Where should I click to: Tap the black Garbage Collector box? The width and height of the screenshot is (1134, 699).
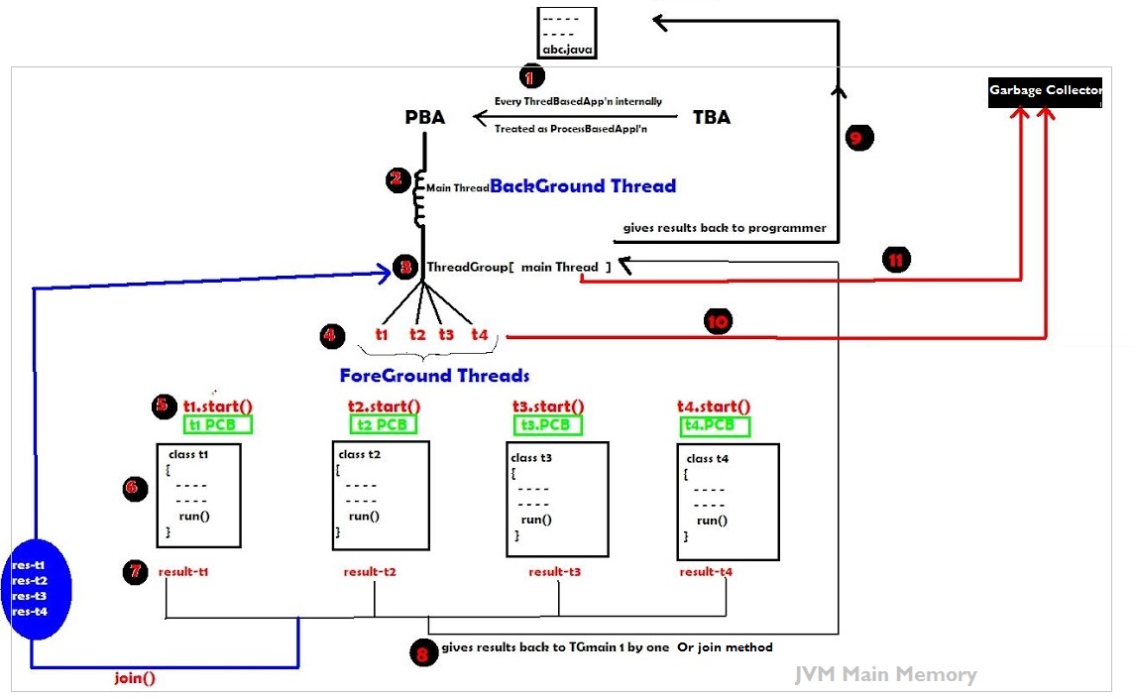coord(1044,90)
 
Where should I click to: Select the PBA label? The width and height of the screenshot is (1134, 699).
coord(425,117)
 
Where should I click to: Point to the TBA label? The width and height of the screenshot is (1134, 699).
coord(711,117)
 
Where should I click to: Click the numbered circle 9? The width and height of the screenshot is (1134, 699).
coord(858,137)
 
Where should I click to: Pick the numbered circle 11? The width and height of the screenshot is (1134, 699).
coord(895,261)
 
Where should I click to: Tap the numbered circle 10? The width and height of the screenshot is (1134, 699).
coord(718,321)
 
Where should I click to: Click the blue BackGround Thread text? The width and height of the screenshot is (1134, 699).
coord(583,185)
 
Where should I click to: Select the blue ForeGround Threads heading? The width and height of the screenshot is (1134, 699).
coord(434,376)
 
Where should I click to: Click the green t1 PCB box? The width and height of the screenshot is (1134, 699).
coord(217,424)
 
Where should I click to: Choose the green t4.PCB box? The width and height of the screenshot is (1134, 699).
coord(713,425)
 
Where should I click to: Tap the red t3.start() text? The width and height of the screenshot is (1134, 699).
coord(548,407)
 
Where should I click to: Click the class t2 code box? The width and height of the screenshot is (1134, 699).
coord(381,494)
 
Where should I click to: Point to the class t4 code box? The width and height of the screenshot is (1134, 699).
coord(728,502)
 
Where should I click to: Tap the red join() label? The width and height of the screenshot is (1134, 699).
coord(135,679)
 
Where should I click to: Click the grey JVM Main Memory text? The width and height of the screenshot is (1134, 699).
coord(885,675)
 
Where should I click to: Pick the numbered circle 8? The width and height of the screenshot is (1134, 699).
coord(423,653)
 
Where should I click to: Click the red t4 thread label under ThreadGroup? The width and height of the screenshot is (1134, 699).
coord(480,334)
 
